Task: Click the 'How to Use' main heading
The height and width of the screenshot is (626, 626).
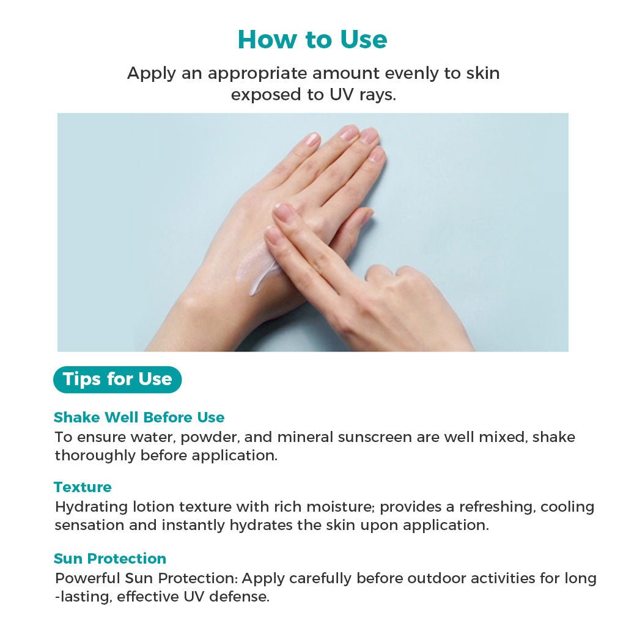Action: (312, 40)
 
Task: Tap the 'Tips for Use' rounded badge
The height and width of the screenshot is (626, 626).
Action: (117, 379)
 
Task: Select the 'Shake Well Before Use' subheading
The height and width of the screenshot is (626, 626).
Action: (139, 417)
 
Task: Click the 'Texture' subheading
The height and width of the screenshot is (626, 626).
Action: (83, 487)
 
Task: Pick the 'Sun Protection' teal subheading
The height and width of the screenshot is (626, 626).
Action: (110, 558)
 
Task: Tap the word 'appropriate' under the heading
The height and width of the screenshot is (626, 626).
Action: (257, 74)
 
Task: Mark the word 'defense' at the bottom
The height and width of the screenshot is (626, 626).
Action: (240, 597)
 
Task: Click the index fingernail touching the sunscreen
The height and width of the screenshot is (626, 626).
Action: (282, 211)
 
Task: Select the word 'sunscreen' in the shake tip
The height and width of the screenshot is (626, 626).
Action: (375, 438)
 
